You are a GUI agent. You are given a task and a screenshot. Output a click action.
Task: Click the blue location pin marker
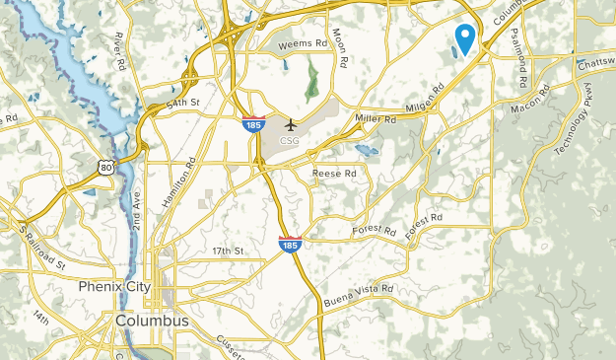point(463,38)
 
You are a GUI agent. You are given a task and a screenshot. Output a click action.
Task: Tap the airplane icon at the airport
point(291,125)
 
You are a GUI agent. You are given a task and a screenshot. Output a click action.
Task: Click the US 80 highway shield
point(106,168)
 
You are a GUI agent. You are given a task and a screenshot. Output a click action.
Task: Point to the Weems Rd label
point(302,44)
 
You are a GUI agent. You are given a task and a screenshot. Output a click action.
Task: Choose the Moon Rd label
point(341,46)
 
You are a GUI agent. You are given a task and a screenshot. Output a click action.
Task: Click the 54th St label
point(184,102)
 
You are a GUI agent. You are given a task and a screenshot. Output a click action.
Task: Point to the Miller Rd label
point(376,118)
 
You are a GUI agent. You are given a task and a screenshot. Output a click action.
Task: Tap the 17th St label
point(227,252)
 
